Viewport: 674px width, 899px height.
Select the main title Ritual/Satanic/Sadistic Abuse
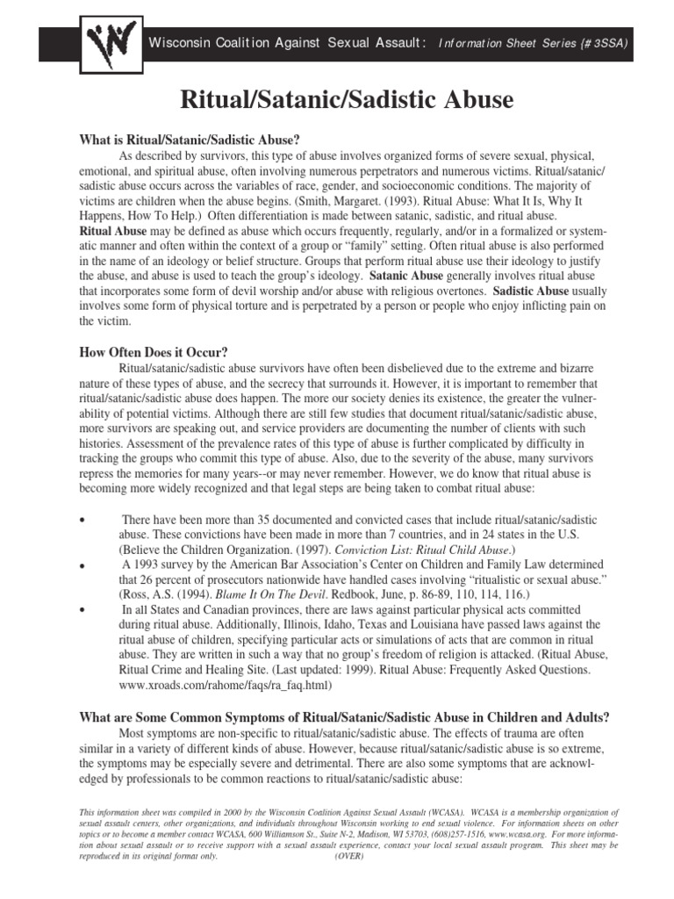pos(347,100)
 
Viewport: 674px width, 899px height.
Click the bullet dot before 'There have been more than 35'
pos(82,521)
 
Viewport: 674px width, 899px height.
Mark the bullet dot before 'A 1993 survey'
pos(82,570)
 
